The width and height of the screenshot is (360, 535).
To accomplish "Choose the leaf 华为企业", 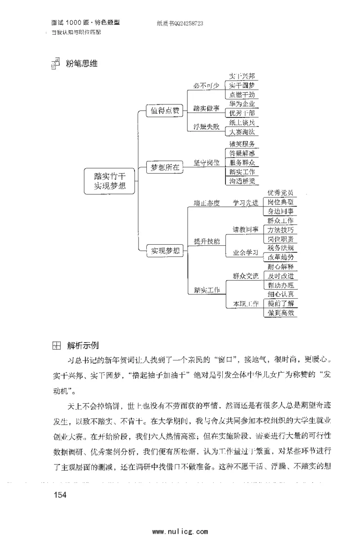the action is pos(242,103).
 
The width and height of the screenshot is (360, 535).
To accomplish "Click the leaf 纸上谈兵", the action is pos(242,122).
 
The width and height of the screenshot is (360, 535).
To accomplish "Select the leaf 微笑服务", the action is pos(242,144).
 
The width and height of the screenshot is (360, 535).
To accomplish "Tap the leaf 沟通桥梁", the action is pos(242,181).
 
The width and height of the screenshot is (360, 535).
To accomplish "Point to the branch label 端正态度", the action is pos(207,203).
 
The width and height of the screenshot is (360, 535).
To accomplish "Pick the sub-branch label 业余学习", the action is pos(245,253).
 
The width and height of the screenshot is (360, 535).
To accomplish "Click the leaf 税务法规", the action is pos(280,247).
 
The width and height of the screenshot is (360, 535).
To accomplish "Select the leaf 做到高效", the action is pos(280,313).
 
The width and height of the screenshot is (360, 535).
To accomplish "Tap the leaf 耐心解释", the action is pos(280,266).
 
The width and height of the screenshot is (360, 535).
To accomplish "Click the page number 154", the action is pos(60,495).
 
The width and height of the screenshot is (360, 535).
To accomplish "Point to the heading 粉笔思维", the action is pos(81,63).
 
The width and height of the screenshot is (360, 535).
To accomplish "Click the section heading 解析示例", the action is pos(83,346).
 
